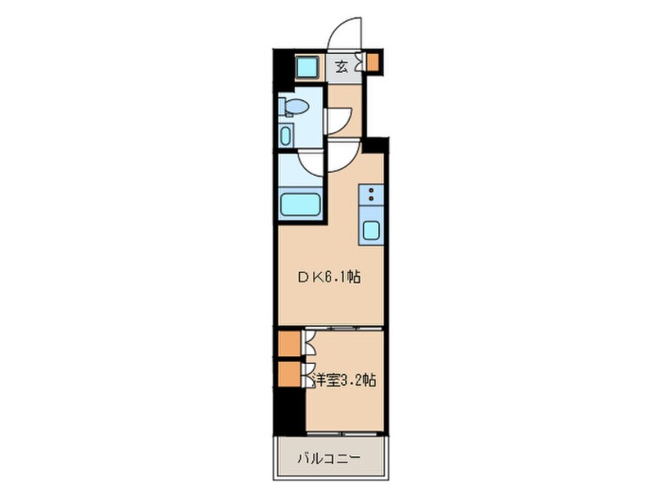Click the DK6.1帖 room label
point(329,278)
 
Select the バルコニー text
point(329,458)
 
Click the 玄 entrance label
point(341,66)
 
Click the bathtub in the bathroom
point(300,205)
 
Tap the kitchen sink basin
point(371,231)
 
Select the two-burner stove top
point(371,194)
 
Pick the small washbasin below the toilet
point(286,135)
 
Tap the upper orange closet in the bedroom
point(290,343)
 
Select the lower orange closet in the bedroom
point(290,374)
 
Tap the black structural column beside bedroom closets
point(290,411)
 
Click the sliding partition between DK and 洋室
point(343,328)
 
